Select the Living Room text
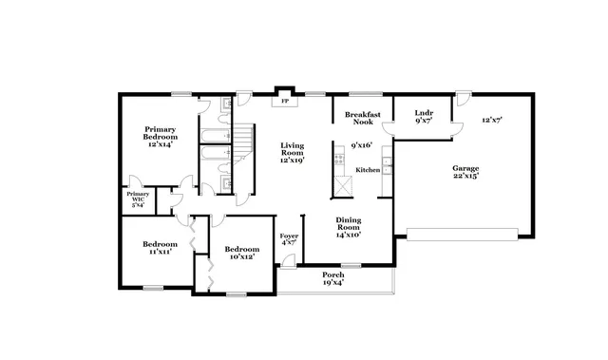(291, 153)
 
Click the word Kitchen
(367, 169)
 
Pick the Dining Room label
(348, 227)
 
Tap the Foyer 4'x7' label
(289, 238)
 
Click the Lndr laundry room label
(423, 117)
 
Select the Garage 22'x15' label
(465, 171)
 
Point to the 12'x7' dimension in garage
(491, 120)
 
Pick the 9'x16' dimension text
(360, 145)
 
